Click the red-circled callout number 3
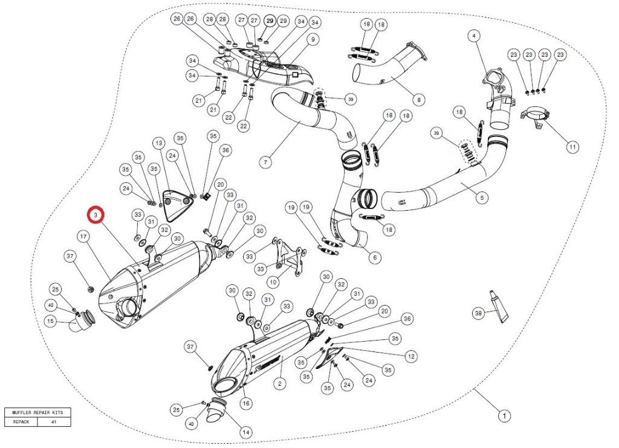coord(96,215)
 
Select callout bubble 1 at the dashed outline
coord(502,415)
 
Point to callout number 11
coord(572,147)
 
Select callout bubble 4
coord(474,36)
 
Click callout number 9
coord(313,40)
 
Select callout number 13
coord(158,143)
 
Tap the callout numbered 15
coord(51,322)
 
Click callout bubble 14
coord(245,432)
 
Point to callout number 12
coord(411,357)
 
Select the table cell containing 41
coord(54,422)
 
